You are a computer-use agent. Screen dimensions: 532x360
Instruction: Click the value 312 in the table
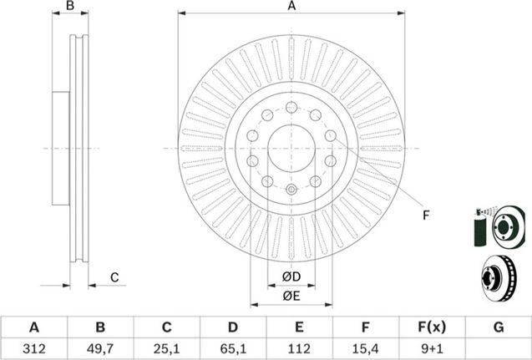34,348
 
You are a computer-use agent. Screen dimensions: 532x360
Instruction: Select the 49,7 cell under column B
100,348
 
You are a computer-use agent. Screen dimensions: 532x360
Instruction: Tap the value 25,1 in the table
166,348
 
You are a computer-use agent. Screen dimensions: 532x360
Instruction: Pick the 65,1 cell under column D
233,348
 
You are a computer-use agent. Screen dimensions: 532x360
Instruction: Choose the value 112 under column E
299,348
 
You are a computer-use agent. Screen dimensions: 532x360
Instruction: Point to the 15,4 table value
366,348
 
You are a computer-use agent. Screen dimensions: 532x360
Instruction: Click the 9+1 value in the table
432,348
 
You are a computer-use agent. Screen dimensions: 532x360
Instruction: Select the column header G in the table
499,327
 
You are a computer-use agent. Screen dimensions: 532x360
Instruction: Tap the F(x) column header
432,327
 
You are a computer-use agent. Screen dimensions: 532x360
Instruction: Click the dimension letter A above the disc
291,6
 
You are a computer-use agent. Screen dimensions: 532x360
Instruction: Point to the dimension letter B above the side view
70,6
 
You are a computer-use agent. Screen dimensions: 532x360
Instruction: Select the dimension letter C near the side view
114,277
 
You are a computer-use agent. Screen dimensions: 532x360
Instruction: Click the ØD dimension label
291,276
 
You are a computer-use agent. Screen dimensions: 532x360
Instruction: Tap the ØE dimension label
291,297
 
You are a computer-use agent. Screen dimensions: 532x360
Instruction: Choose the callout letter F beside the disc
426,215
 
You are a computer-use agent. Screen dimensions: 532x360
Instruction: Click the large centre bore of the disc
291,149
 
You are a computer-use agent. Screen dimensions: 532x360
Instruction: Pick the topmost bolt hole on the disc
291,107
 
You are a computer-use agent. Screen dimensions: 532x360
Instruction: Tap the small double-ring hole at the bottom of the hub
291,190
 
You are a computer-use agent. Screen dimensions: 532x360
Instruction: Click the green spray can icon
479,228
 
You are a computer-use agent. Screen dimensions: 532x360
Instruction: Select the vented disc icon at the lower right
499,278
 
